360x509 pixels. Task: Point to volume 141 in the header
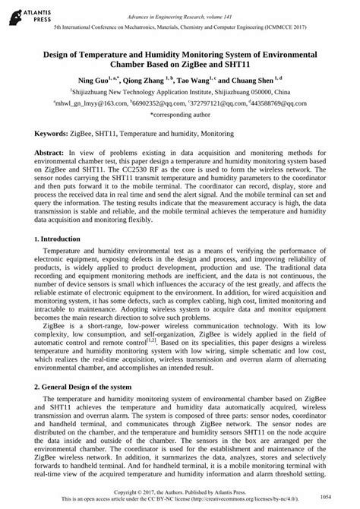coord(238,7)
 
